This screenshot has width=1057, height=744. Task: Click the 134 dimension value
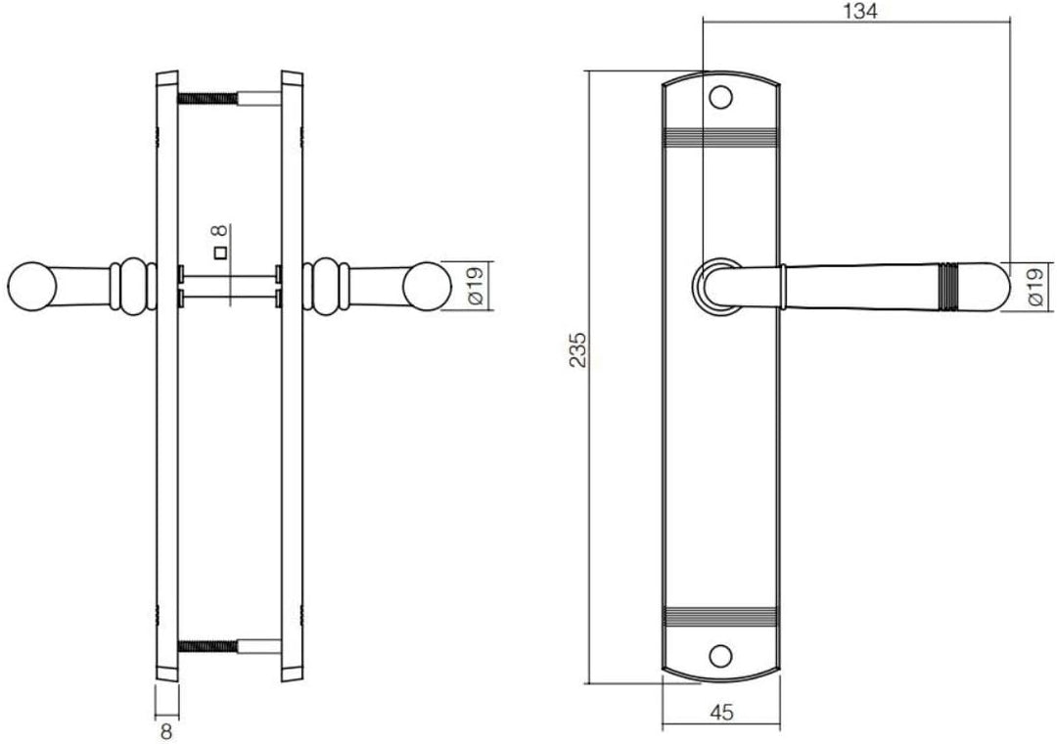(861, 11)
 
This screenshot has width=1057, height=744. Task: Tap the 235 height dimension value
(578, 349)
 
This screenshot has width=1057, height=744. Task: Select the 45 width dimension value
(721, 713)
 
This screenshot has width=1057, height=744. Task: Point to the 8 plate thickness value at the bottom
(166, 731)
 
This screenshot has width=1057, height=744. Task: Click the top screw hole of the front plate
(721, 98)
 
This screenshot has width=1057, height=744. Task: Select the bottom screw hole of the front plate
(721, 654)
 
